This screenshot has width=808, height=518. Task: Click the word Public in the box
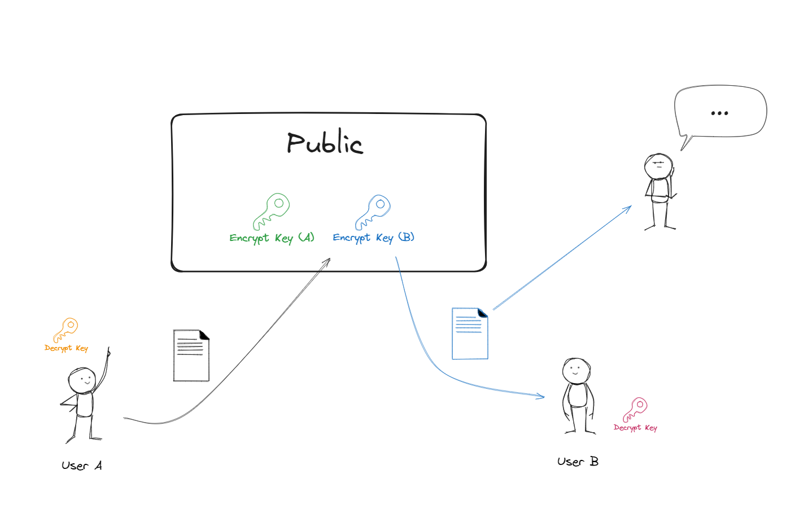[x=325, y=143]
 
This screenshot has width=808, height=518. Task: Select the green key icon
[x=272, y=210]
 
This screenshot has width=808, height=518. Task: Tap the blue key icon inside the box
[x=373, y=211]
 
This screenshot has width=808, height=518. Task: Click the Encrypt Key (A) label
[x=272, y=238]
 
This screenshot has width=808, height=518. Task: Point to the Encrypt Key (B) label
[x=373, y=238]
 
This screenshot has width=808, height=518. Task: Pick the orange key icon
[x=65, y=330]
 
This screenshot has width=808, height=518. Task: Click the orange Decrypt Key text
[x=66, y=348]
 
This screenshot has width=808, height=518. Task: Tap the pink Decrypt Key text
[x=635, y=428]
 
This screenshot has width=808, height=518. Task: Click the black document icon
[x=191, y=355]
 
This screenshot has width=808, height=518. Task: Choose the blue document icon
[x=470, y=333]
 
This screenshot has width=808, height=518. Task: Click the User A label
[x=82, y=466]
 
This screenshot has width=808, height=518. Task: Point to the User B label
[x=578, y=462]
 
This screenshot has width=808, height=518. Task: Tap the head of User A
[x=82, y=380]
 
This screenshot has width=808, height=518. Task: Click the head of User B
[x=576, y=371]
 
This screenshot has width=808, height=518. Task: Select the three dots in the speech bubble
[x=719, y=113]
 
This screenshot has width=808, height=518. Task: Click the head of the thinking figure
[x=658, y=166]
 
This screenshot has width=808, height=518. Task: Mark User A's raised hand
[x=108, y=353]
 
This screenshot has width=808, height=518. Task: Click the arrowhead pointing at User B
[x=541, y=397]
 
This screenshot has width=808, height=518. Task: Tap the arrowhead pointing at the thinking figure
[x=628, y=208]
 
